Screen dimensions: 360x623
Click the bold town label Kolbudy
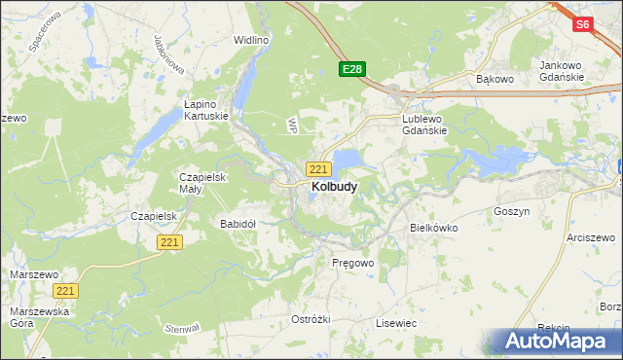pyautogui.click(x=334, y=186)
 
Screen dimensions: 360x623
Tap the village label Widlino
pyautogui.click(x=250, y=40)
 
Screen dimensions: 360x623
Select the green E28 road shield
pyautogui.click(x=352, y=69)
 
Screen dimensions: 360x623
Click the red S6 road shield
pyautogui.click(x=582, y=25)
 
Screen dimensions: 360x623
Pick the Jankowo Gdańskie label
pyautogui.click(x=561, y=71)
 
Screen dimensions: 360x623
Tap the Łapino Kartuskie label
pyautogui.click(x=206, y=109)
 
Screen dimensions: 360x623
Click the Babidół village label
pyautogui.click(x=238, y=224)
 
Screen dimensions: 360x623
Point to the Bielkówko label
pyautogui.click(x=433, y=228)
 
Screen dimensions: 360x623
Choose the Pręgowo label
pyautogui.click(x=352, y=263)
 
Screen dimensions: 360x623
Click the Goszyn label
pyautogui.click(x=511, y=210)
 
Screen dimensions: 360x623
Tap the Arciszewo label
pyautogui.click(x=593, y=236)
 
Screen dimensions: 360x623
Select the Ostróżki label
pyautogui.click(x=311, y=319)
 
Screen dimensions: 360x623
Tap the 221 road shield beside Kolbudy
pyautogui.click(x=317, y=168)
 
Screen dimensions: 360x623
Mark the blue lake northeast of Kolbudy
pyautogui.click(x=348, y=159)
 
